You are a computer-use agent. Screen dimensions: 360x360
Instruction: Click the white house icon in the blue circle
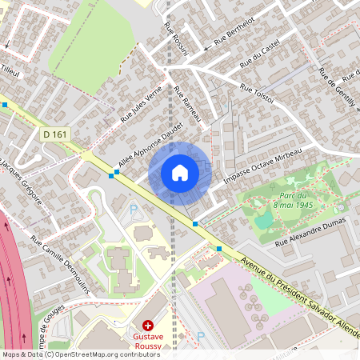pyautogui.click(x=180, y=173)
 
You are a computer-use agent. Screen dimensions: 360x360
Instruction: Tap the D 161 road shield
pyautogui.click(x=54, y=134)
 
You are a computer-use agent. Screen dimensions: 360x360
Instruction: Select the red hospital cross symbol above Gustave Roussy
pyautogui.click(x=147, y=325)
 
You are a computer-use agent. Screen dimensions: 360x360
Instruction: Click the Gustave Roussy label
pyautogui.click(x=148, y=342)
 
